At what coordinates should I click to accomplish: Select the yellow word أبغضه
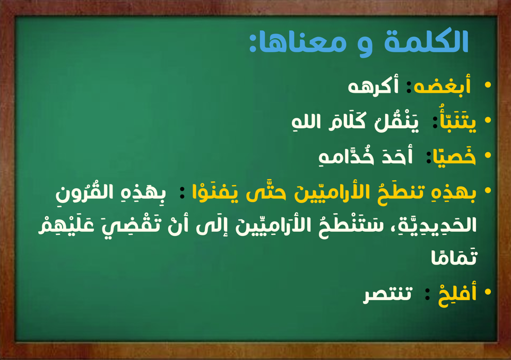pyautogui.click(x=442, y=85)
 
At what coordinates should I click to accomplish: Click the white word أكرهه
pyautogui.click(x=374, y=86)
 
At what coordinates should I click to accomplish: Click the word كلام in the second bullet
pyautogui.click(x=347, y=120)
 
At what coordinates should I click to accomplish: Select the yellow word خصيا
pyautogui.click(x=454, y=156)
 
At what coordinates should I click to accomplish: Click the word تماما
pyautogui.click(x=454, y=257)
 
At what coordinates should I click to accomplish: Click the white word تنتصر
pyautogui.click(x=388, y=295)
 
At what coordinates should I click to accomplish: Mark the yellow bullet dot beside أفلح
pyautogui.click(x=488, y=292)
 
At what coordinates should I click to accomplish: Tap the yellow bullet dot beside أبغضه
pyautogui.click(x=488, y=85)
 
